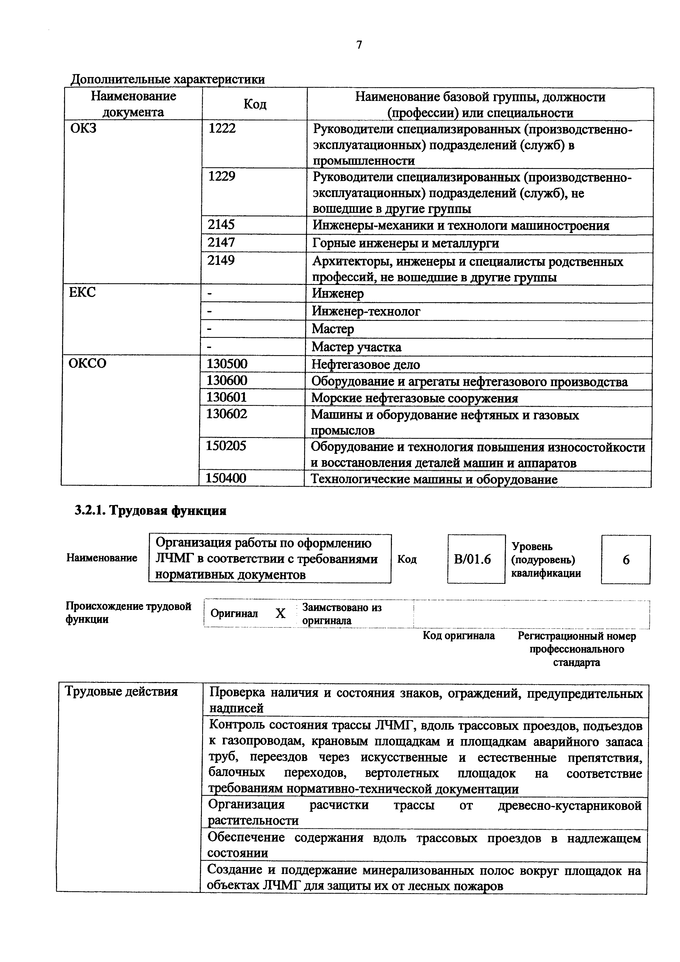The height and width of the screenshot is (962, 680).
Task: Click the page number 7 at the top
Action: [x=359, y=45]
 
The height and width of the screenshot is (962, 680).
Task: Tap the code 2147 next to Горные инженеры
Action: [x=221, y=242]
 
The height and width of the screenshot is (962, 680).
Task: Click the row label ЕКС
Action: [x=82, y=292]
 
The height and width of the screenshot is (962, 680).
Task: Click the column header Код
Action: [x=255, y=104]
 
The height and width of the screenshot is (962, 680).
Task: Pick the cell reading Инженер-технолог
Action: [x=366, y=311]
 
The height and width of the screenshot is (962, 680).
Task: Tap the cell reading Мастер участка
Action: [x=356, y=347]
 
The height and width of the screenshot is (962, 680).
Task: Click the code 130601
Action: [x=227, y=397]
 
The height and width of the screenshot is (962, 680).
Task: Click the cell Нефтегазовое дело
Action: [x=365, y=364]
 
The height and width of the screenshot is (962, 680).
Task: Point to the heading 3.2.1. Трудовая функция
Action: [x=150, y=511]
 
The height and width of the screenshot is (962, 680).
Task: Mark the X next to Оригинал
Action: [x=280, y=614]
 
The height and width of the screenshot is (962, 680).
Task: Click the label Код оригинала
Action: [x=458, y=636]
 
